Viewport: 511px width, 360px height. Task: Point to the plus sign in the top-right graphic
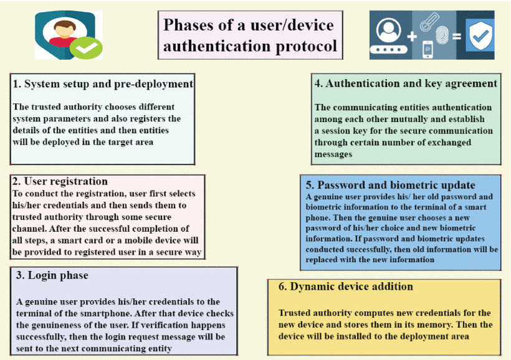tap(412, 36)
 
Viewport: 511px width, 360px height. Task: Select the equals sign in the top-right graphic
tap(457, 36)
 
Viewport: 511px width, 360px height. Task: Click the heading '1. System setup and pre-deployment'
tap(103, 83)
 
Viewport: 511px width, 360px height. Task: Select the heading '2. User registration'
tap(60, 181)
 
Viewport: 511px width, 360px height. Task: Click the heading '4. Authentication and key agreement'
tap(406, 83)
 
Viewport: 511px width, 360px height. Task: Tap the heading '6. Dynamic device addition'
tap(345, 287)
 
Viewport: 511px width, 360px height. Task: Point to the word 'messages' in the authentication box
tap(334, 154)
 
